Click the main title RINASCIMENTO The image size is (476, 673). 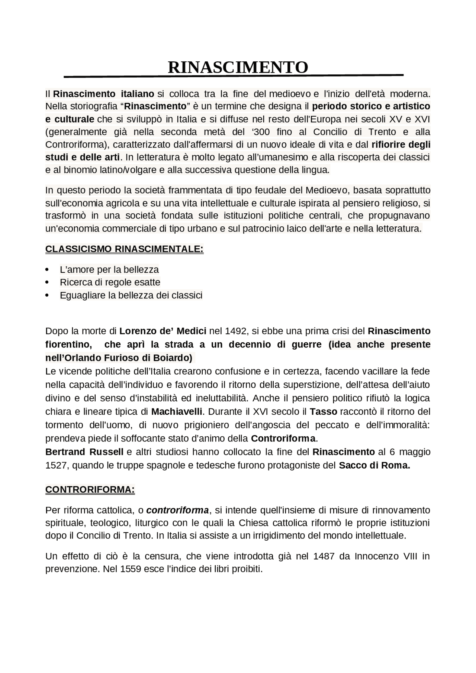tap(238, 67)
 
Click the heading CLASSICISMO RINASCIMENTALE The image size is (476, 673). tap(124, 249)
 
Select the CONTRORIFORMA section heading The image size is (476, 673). tap(90, 490)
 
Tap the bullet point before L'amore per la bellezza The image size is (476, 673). tap(47, 269)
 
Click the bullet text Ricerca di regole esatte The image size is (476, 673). tap(110, 282)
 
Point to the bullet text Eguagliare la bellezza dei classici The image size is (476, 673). tap(131, 295)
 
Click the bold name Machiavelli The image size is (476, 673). tap(177, 412)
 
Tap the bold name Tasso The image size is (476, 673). tap(323, 412)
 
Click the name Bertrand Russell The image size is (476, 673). tap(84, 452)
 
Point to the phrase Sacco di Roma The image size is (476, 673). tap(374, 465)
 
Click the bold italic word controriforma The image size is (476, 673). tap(177, 510)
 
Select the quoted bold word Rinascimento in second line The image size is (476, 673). tap(155, 106)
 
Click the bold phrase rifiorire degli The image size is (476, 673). tap(401, 145)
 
